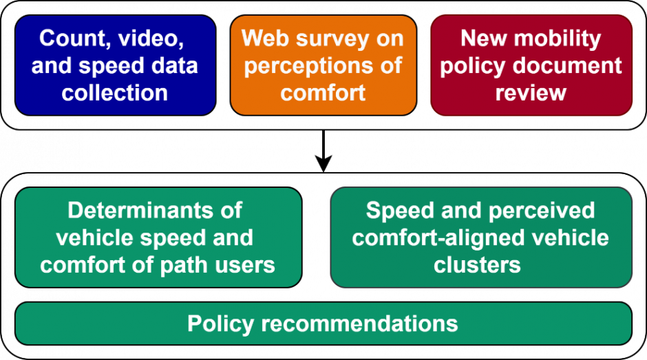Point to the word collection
(115, 92)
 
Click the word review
(531, 92)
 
